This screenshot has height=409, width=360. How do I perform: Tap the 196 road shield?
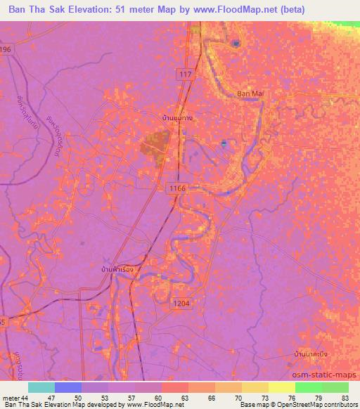click(x=6, y=49)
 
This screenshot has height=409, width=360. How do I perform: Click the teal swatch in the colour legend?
click(x=41, y=387)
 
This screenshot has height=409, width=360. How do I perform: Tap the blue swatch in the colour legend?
click(x=67, y=387)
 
